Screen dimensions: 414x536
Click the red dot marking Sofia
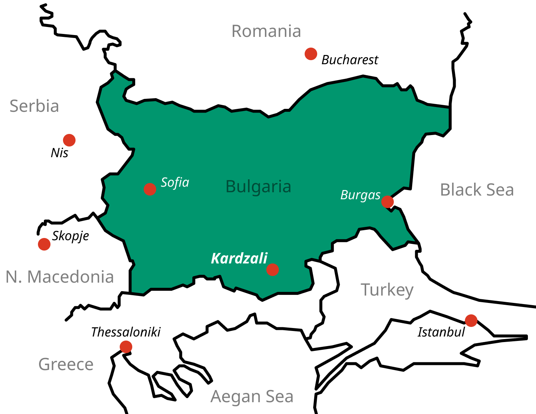[x=150, y=189]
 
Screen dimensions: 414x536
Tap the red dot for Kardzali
[x=273, y=270]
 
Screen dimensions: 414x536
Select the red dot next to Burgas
[x=388, y=202]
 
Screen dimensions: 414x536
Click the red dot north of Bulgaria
[x=311, y=54]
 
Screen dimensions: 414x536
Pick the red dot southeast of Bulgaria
[x=471, y=321]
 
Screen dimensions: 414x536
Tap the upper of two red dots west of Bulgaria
[x=69, y=140]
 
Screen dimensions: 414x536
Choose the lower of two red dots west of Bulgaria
[x=44, y=244]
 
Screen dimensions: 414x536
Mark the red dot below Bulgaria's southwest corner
[x=126, y=347]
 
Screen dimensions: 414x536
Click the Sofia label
[x=175, y=183]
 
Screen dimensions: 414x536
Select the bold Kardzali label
[x=239, y=259]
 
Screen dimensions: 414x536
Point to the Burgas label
[x=360, y=195]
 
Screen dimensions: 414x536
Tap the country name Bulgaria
[x=258, y=187]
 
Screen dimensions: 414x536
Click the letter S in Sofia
[x=165, y=183]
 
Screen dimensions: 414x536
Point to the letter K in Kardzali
[x=215, y=259]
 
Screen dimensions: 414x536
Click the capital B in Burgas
[x=344, y=195]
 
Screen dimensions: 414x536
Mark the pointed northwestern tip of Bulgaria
[x=115, y=73]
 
